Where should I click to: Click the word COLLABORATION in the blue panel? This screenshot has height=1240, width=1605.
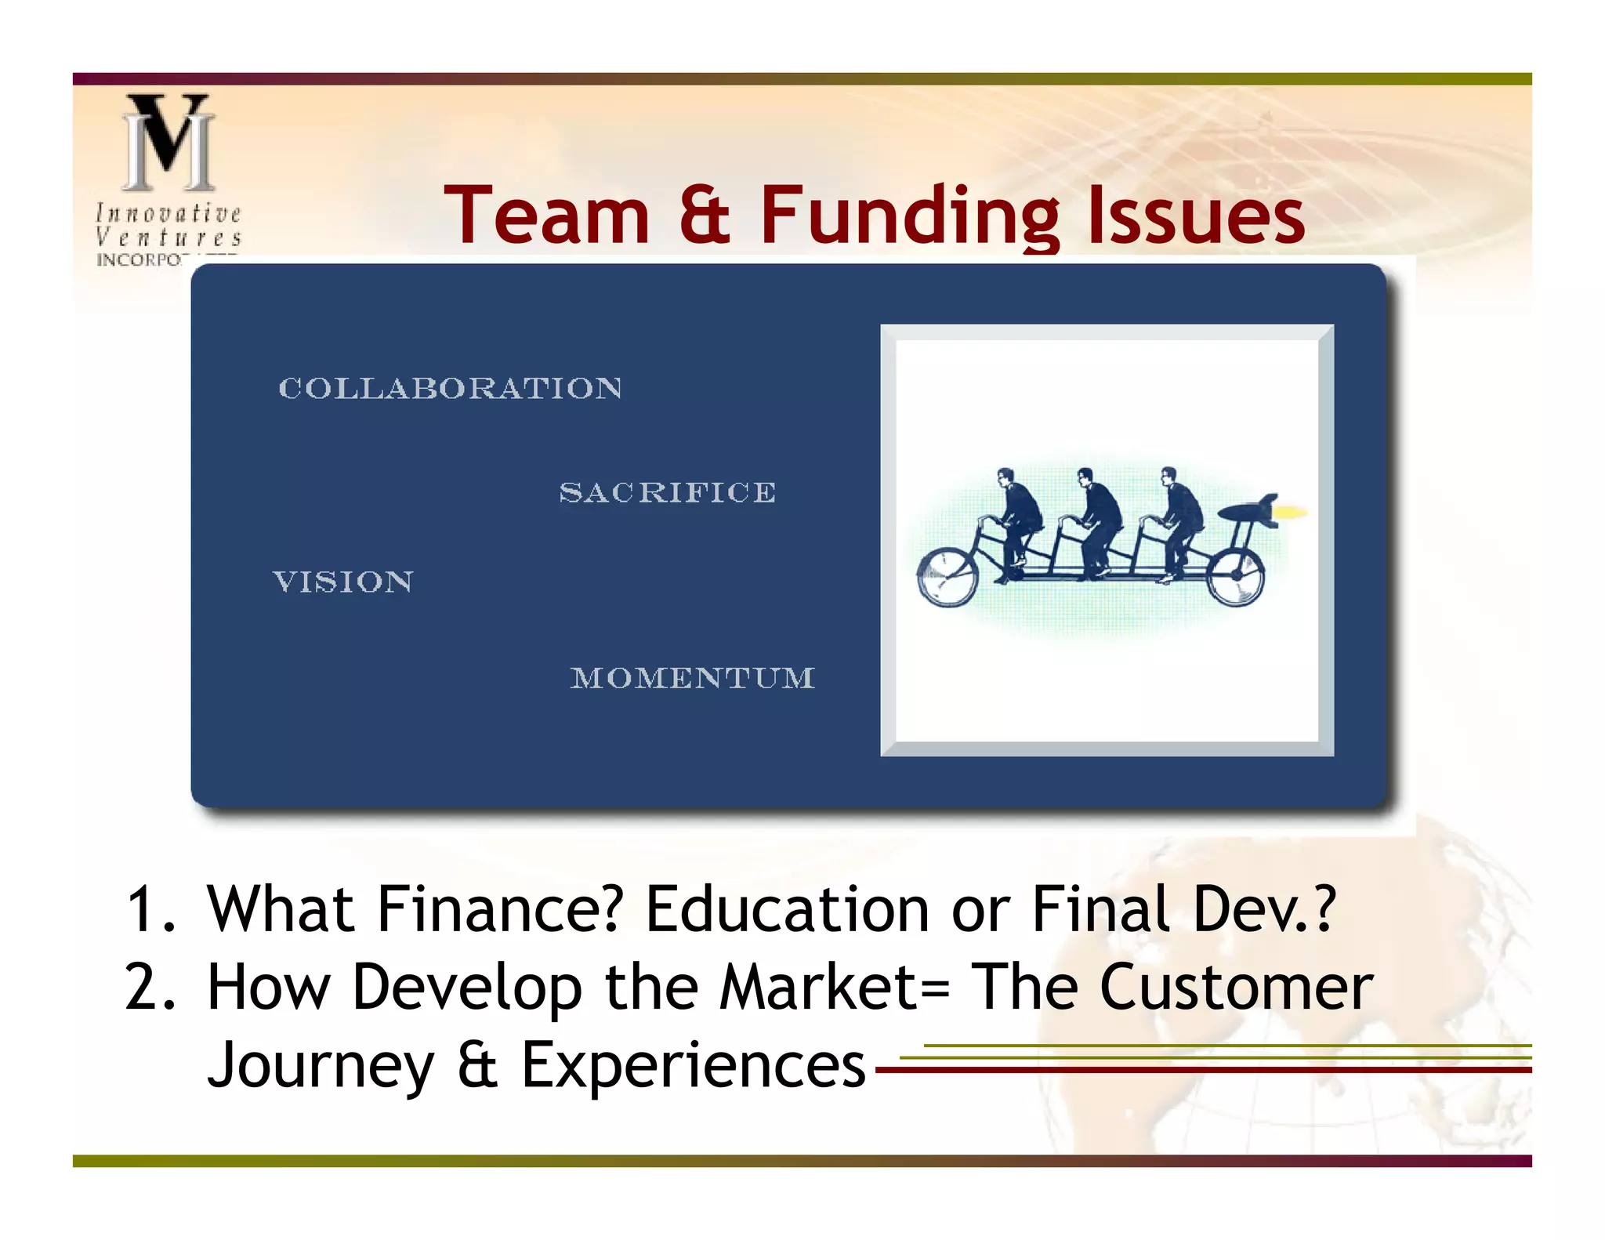coord(451,388)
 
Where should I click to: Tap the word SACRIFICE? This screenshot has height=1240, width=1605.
coord(667,492)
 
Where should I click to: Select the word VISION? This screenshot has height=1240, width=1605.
coord(342,582)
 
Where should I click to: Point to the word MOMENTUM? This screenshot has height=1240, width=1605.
coord(693,678)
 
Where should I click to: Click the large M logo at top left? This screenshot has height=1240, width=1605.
coord(168,143)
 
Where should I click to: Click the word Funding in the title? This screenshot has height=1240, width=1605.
coord(909,216)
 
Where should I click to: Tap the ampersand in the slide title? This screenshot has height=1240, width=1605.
coord(705,216)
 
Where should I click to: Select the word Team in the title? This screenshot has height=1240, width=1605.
coord(547,216)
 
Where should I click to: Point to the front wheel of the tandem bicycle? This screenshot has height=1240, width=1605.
coord(947,577)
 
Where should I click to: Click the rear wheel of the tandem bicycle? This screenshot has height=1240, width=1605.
coord(1235,575)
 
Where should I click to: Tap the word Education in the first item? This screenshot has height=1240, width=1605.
coord(786,909)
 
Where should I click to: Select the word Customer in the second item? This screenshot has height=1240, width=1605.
coord(1236,988)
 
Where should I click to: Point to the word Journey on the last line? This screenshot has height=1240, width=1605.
coord(320,1066)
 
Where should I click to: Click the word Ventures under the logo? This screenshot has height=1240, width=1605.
coord(168,237)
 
